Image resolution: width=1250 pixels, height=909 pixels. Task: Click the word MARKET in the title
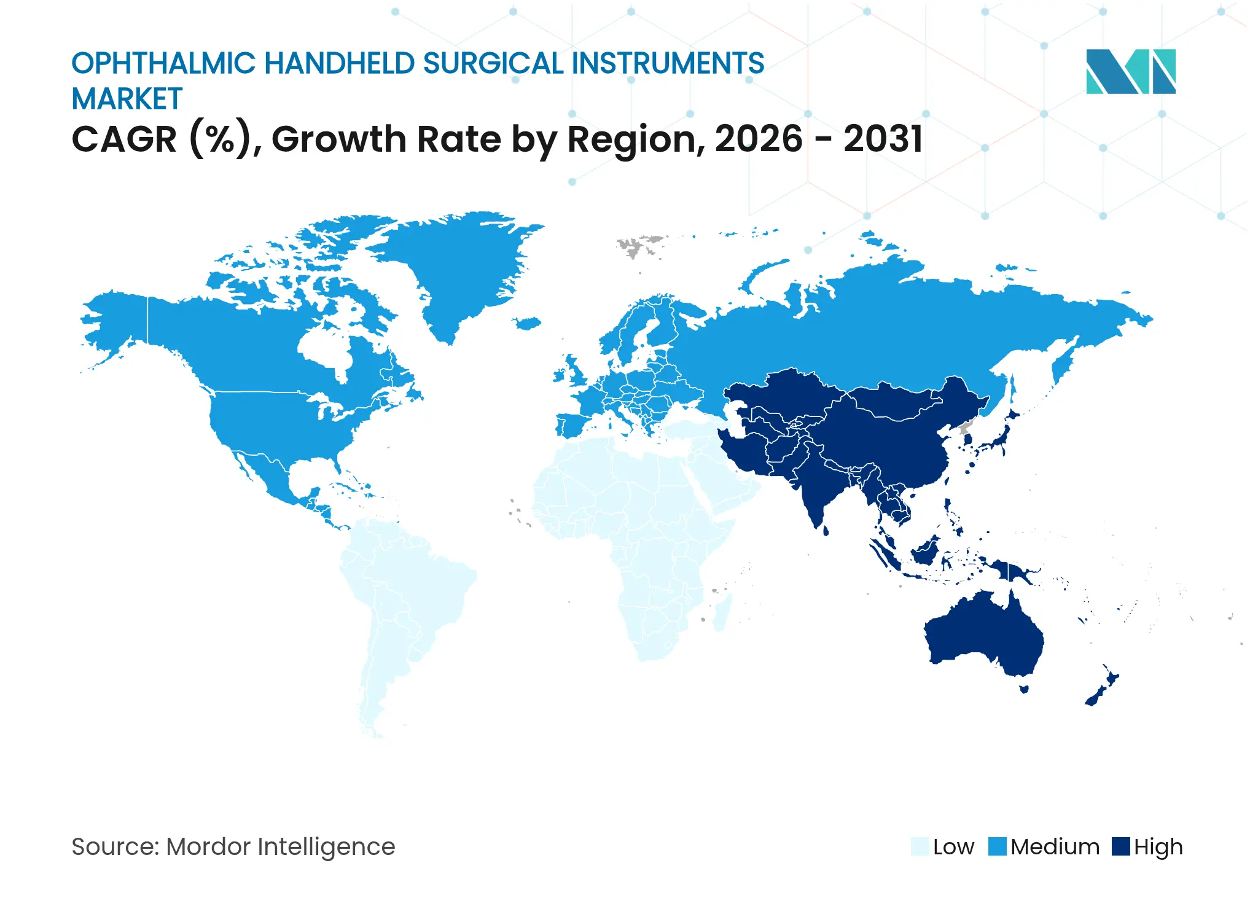coord(127,99)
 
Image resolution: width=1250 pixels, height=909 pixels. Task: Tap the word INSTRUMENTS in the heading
coord(668,64)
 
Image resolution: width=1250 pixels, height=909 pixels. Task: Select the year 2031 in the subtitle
coord(883,139)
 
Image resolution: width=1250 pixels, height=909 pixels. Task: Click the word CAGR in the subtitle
coord(125,139)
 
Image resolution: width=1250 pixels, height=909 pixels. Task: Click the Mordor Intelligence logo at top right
coord(1131,71)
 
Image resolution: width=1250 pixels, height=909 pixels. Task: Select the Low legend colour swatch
coord(920,846)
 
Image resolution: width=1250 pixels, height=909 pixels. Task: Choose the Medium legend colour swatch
coord(998,846)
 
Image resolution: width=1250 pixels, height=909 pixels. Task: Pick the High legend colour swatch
coord(1121,846)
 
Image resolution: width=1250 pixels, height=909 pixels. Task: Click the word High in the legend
coord(1158,848)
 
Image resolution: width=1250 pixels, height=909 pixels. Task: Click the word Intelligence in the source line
coord(326,848)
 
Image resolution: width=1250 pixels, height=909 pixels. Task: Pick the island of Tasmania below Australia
coord(1024,689)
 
